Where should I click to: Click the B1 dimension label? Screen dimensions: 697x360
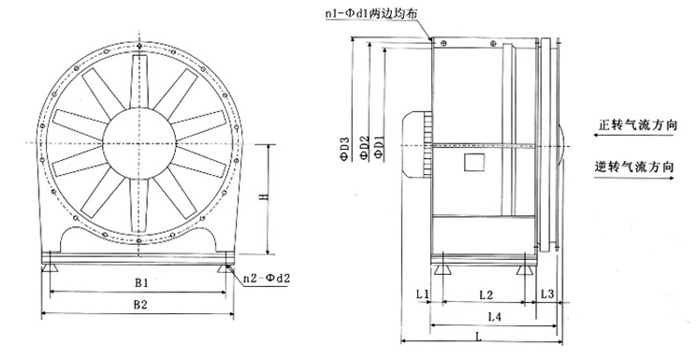tap(141, 282)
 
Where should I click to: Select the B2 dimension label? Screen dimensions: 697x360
tap(140, 305)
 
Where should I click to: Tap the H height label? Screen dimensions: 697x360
tap(263, 196)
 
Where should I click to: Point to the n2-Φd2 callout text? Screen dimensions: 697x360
tap(267, 279)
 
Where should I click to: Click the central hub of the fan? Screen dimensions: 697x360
tap(139, 143)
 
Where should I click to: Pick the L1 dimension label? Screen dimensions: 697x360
tap(422, 294)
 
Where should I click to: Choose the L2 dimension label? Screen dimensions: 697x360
tap(486, 295)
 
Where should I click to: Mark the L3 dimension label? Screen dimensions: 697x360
tap(547, 294)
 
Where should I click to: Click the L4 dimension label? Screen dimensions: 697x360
tap(495, 317)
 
